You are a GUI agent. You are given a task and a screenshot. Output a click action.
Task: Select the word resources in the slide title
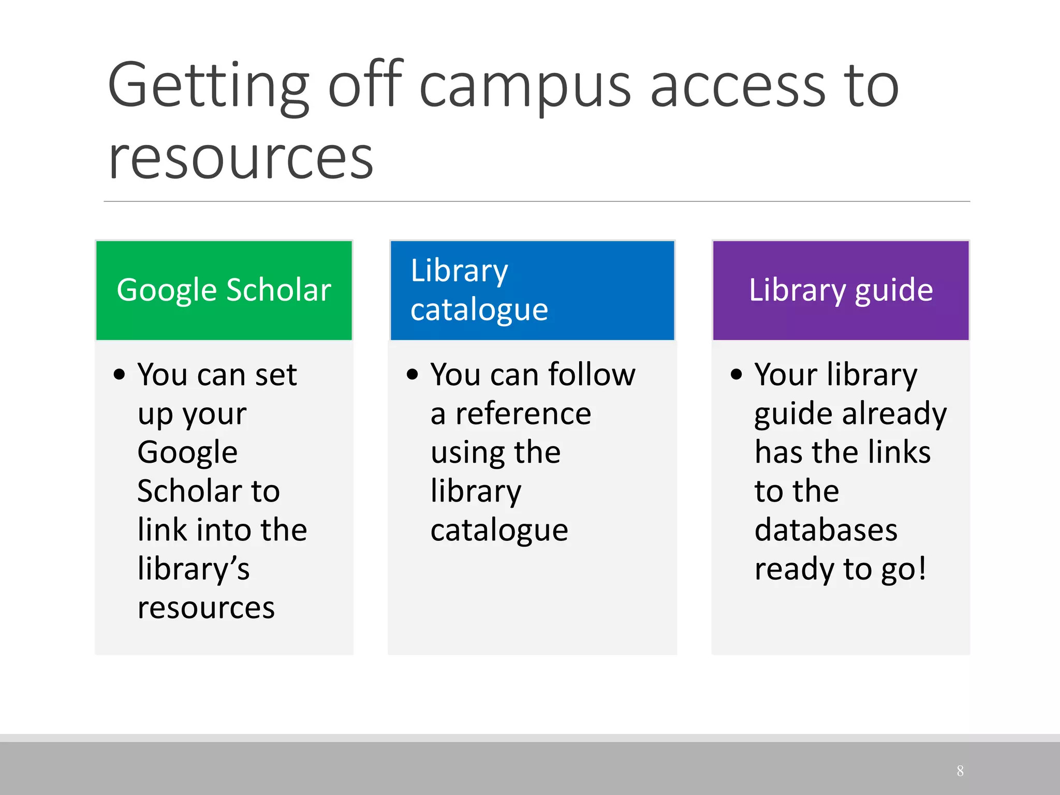[241, 158]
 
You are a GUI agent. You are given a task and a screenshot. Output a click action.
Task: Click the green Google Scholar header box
[224, 290]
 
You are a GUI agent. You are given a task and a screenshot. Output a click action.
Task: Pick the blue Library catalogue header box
[532, 290]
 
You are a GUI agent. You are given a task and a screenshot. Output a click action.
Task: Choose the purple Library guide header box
[841, 290]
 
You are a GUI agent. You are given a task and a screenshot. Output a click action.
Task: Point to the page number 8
[960, 771]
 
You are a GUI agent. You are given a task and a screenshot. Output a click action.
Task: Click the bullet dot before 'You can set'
[119, 374]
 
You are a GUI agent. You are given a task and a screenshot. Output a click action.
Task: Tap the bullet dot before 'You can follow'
[412, 374]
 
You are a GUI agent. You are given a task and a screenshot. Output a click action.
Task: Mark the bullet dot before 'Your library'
[736, 374]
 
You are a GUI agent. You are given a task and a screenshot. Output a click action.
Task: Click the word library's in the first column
[194, 569]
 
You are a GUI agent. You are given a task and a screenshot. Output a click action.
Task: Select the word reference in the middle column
[523, 414]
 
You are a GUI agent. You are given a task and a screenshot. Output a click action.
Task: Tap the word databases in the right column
[826, 531]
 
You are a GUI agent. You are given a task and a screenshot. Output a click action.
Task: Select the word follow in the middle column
[592, 374]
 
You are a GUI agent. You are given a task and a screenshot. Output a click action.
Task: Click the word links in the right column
[900, 452]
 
